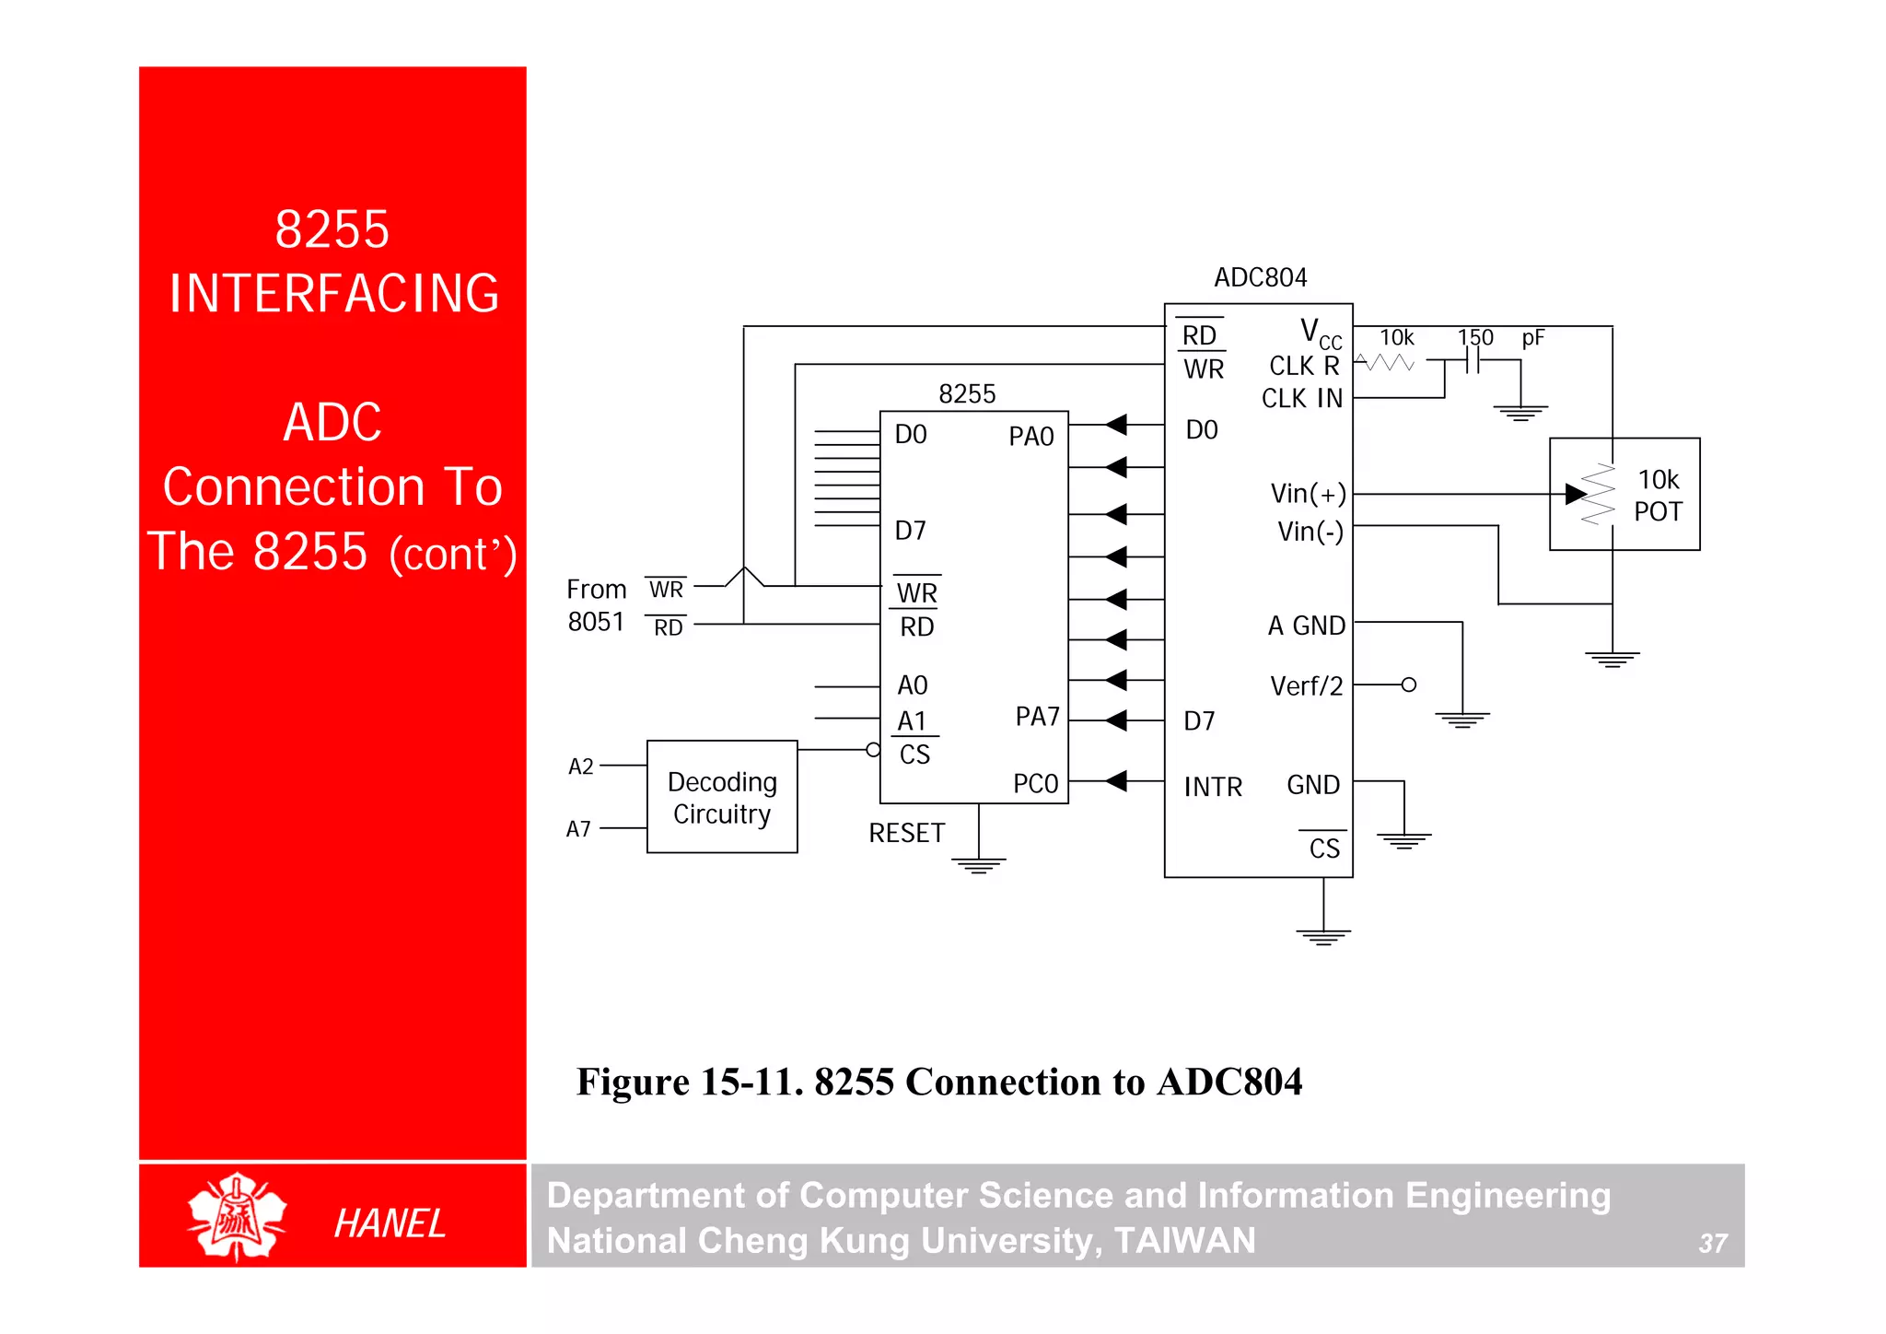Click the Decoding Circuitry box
point(722,797)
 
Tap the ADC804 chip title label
point(1260,277)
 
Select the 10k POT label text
point(1658,496)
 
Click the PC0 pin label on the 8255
point(1035,784)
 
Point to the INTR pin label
point(1213,787)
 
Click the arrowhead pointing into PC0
point(1116,781)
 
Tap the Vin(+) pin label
point(1308,494)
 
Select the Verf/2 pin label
point(1306,686)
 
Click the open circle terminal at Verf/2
point(1408,685)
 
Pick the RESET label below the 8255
point(906,834)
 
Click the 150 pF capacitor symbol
point(1473,361)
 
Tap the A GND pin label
point(1306,626)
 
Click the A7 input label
point(578,829)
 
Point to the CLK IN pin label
point(1301,399)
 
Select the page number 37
point(1712,1244)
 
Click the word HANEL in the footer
point(390,1223)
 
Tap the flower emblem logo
point(237,1216)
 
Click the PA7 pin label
point(1037,717)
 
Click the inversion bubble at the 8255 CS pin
point(873,750)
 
